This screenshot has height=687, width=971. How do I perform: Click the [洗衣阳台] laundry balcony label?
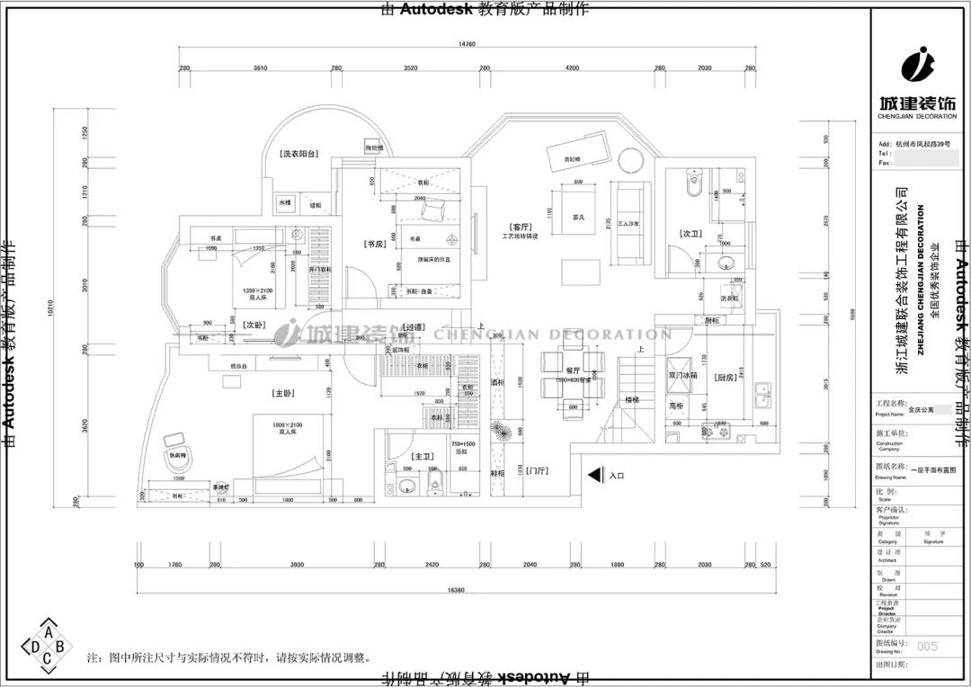pyautogui.click(x=298, y=155)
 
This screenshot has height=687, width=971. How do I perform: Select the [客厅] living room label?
pyautogui.click(x=520, y=227)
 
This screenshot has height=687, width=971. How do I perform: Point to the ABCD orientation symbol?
pyautogui.click(x=47, y=645)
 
